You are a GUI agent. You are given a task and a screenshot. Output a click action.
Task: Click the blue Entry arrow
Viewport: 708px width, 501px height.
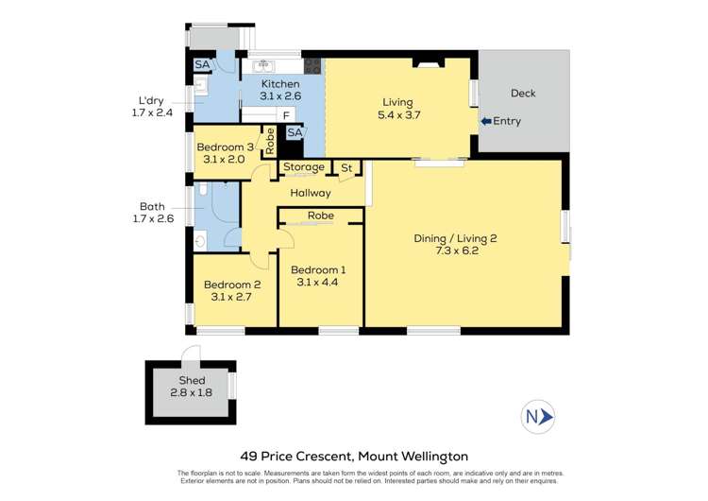(485, 121)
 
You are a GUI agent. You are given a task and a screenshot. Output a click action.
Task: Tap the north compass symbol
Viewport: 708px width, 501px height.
(538, 416)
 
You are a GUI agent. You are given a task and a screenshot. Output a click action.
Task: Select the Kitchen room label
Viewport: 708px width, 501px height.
(280, 84)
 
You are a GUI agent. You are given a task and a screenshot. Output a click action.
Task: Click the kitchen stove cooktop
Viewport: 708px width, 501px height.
(313, 66)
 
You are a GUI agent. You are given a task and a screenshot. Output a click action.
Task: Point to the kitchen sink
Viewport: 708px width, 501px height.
(261, 66)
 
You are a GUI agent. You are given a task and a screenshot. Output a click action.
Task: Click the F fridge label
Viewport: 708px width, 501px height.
(285, 115)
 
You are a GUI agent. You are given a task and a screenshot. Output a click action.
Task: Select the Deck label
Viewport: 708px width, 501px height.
(523, 93)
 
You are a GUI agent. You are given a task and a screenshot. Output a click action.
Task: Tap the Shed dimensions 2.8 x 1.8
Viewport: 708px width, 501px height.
(192, 392)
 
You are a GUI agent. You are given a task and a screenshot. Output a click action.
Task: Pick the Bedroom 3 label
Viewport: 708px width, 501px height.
(225, 147)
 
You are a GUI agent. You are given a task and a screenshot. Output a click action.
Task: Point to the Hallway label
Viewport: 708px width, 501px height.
(311, 193)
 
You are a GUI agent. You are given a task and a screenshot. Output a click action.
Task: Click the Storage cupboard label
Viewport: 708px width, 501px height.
(304, 167)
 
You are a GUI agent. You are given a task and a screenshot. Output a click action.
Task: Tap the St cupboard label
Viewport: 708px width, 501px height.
(346, 167)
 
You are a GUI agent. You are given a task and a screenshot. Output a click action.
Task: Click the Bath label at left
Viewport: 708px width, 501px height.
(152, 205)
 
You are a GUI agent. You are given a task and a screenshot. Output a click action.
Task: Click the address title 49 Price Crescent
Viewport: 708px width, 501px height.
(353, 456)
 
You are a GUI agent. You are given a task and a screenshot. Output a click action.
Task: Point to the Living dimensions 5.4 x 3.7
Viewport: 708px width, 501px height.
(397, 115)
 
